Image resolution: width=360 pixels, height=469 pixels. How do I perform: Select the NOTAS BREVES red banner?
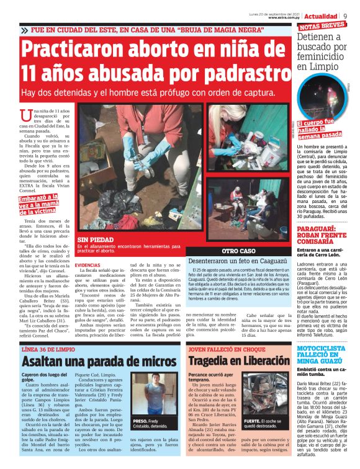tap(322, 26)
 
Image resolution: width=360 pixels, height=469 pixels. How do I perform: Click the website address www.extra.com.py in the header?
tap(286, 18)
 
